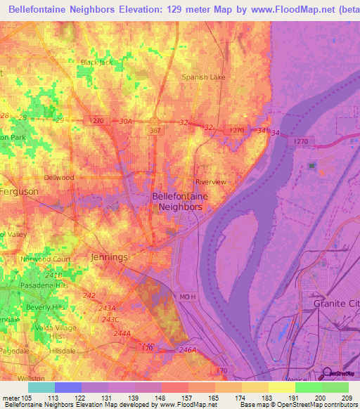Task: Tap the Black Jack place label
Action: pyautogui.click(x=96, y=62)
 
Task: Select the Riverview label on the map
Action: pyautogui.click(x=210, y=182)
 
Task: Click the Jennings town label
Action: pyautogui.click(x=110, y=257)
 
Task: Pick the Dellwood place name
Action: pyautogui.click(x=59, y=178)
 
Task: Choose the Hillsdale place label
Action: pyautogui.click(x=62, y=350)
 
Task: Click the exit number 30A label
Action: pyautogui.click(x=125, y=122)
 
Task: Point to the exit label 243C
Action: pyautogui.click(x=111, y=320)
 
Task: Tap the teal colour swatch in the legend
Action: pyautogui.click(x=41, y=387)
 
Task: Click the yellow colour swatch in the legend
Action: pyautogui.click(x=281, y=387)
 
